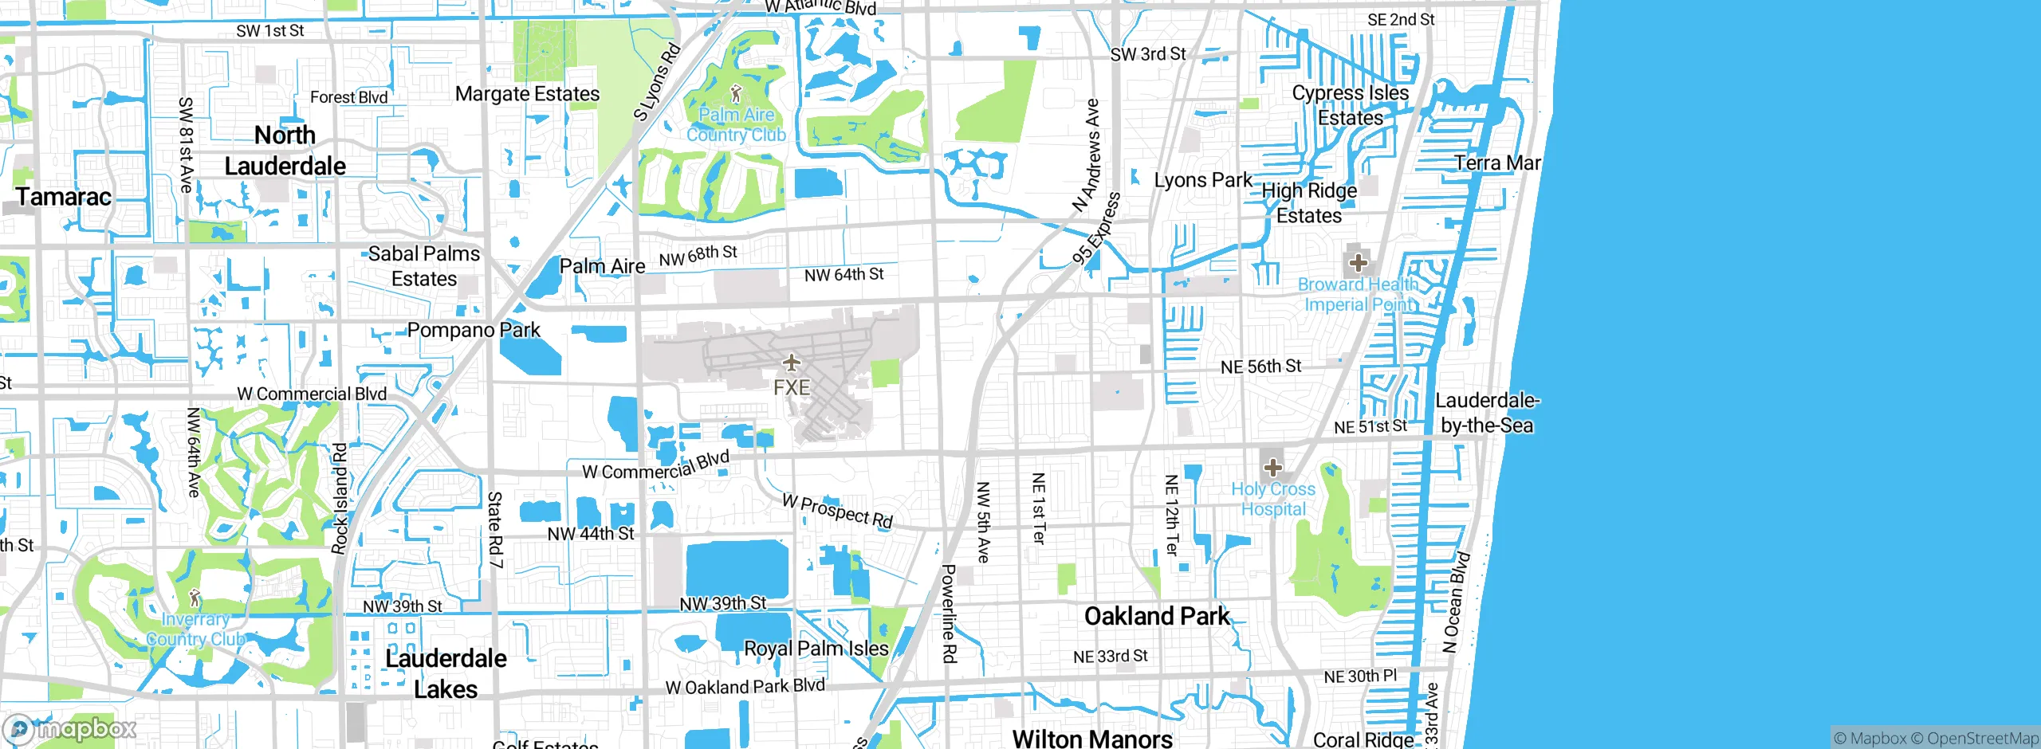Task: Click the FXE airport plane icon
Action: point(791,363)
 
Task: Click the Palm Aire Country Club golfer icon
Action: point(736,94)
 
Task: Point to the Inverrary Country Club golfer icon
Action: point(195,598)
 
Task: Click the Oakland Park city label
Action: point(1157,616)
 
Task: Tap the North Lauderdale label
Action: point(285,151)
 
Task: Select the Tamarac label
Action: point(64,197)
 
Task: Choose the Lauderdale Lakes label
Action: point(446,673)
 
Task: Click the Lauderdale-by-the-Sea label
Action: point(1487,412)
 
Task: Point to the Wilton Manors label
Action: point(1091,739)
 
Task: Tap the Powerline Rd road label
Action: point(949,614)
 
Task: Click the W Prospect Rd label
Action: point(837,511)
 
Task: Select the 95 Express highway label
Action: point(1097,229)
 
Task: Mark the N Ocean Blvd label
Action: point(1457,602)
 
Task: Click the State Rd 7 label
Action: point(495,530)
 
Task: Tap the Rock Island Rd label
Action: point(340,499)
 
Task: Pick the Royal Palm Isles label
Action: point(816,649)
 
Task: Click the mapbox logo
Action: point(70,728)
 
